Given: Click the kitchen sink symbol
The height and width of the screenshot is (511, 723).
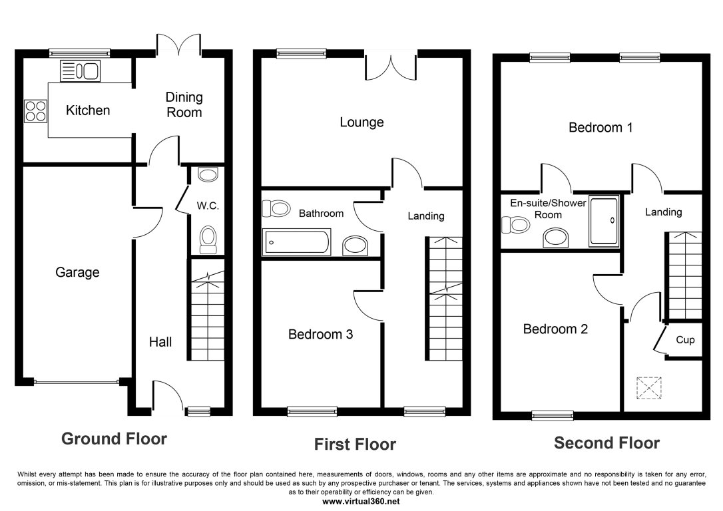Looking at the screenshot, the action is (x=80, y=71).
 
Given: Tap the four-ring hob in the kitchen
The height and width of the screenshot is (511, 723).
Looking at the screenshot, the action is (x=36, y=110).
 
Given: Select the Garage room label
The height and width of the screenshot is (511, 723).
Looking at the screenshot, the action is (x=77, y=272).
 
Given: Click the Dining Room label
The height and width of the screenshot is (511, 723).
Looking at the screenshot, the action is (x=184, y=104).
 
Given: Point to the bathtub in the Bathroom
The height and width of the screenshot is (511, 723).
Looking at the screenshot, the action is (x=296, y=242).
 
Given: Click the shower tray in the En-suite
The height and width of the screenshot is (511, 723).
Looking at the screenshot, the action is (x=604, y=220).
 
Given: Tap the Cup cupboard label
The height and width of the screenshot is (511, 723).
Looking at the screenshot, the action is (x=685, y=340).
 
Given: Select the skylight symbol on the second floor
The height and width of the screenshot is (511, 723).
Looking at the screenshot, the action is (x=650, y=387).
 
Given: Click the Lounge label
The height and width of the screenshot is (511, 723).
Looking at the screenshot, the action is (x=361, y=122).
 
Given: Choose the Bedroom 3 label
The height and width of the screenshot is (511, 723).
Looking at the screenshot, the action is (x=320, y=335).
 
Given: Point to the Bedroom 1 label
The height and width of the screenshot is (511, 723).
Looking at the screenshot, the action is (x=600, y=128).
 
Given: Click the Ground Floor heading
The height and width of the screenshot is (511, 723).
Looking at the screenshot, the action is (x=114, y=439).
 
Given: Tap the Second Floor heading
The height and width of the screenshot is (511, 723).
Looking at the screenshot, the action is (x=606, y=443).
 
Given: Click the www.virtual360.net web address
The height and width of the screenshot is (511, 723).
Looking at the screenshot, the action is (x=361, y=500).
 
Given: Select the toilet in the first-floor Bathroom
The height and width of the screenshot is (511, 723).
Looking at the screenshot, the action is (x=276, y=209).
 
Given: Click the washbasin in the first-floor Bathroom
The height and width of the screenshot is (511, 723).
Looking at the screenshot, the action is (x=357, y=246).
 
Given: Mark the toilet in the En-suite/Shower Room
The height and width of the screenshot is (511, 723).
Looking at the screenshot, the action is (x=516, y=226).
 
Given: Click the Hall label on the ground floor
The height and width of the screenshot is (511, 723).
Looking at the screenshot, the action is (x=160, y=342).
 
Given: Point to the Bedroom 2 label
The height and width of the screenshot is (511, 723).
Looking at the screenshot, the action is (x=555, y=329).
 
